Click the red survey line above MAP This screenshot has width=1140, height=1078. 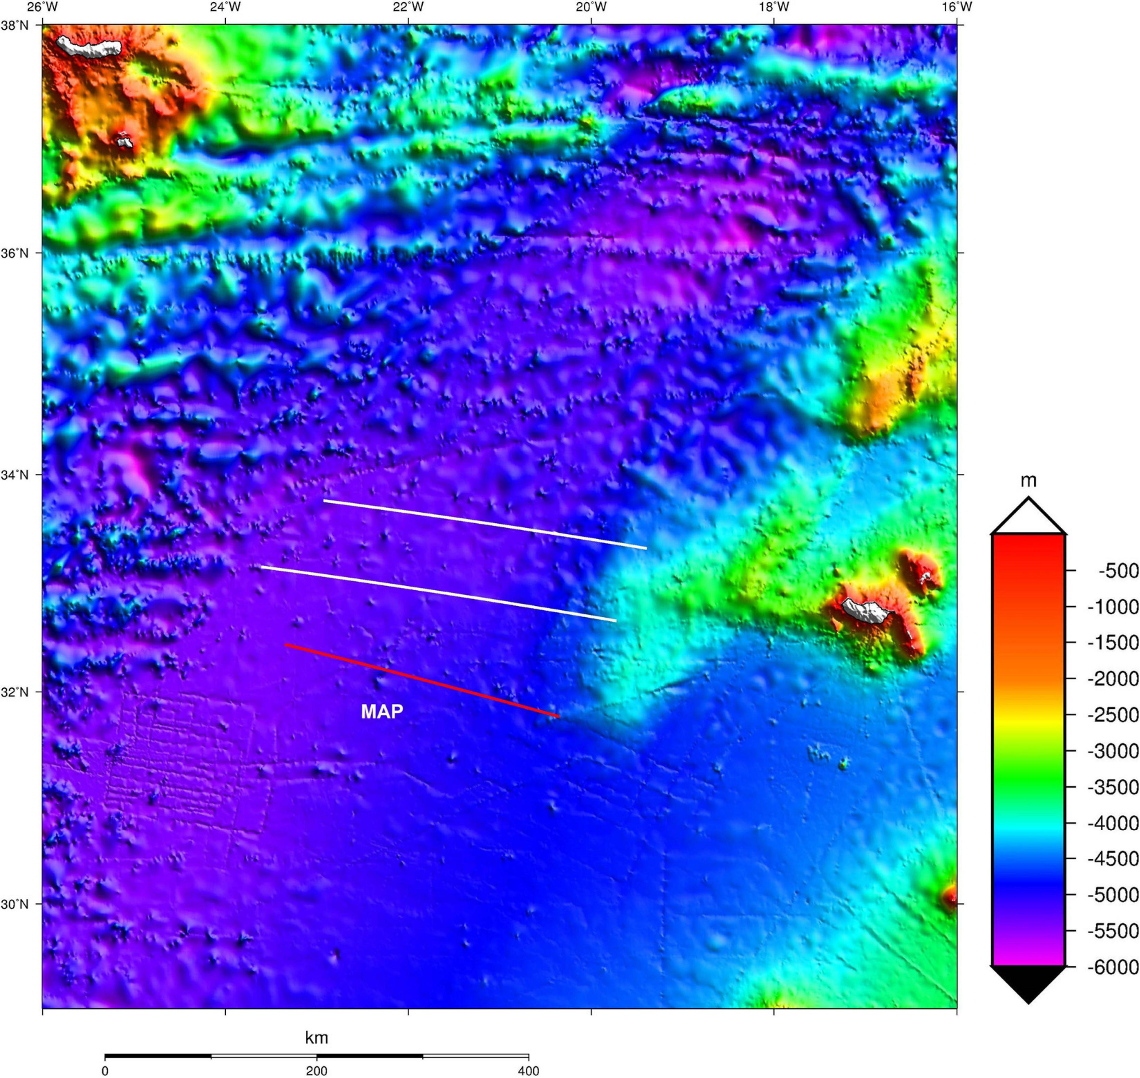423,681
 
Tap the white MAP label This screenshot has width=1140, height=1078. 382,712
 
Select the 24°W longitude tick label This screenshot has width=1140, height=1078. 225,7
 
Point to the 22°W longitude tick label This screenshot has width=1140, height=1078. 408,7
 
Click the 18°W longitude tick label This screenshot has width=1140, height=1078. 774,7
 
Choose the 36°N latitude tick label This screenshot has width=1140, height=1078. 15,253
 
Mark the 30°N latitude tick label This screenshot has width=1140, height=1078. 15,904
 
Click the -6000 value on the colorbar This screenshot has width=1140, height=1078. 1112,967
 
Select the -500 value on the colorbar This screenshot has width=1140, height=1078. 1118,571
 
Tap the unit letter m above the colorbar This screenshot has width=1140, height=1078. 1028,481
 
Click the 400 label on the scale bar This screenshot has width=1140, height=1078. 529,1071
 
